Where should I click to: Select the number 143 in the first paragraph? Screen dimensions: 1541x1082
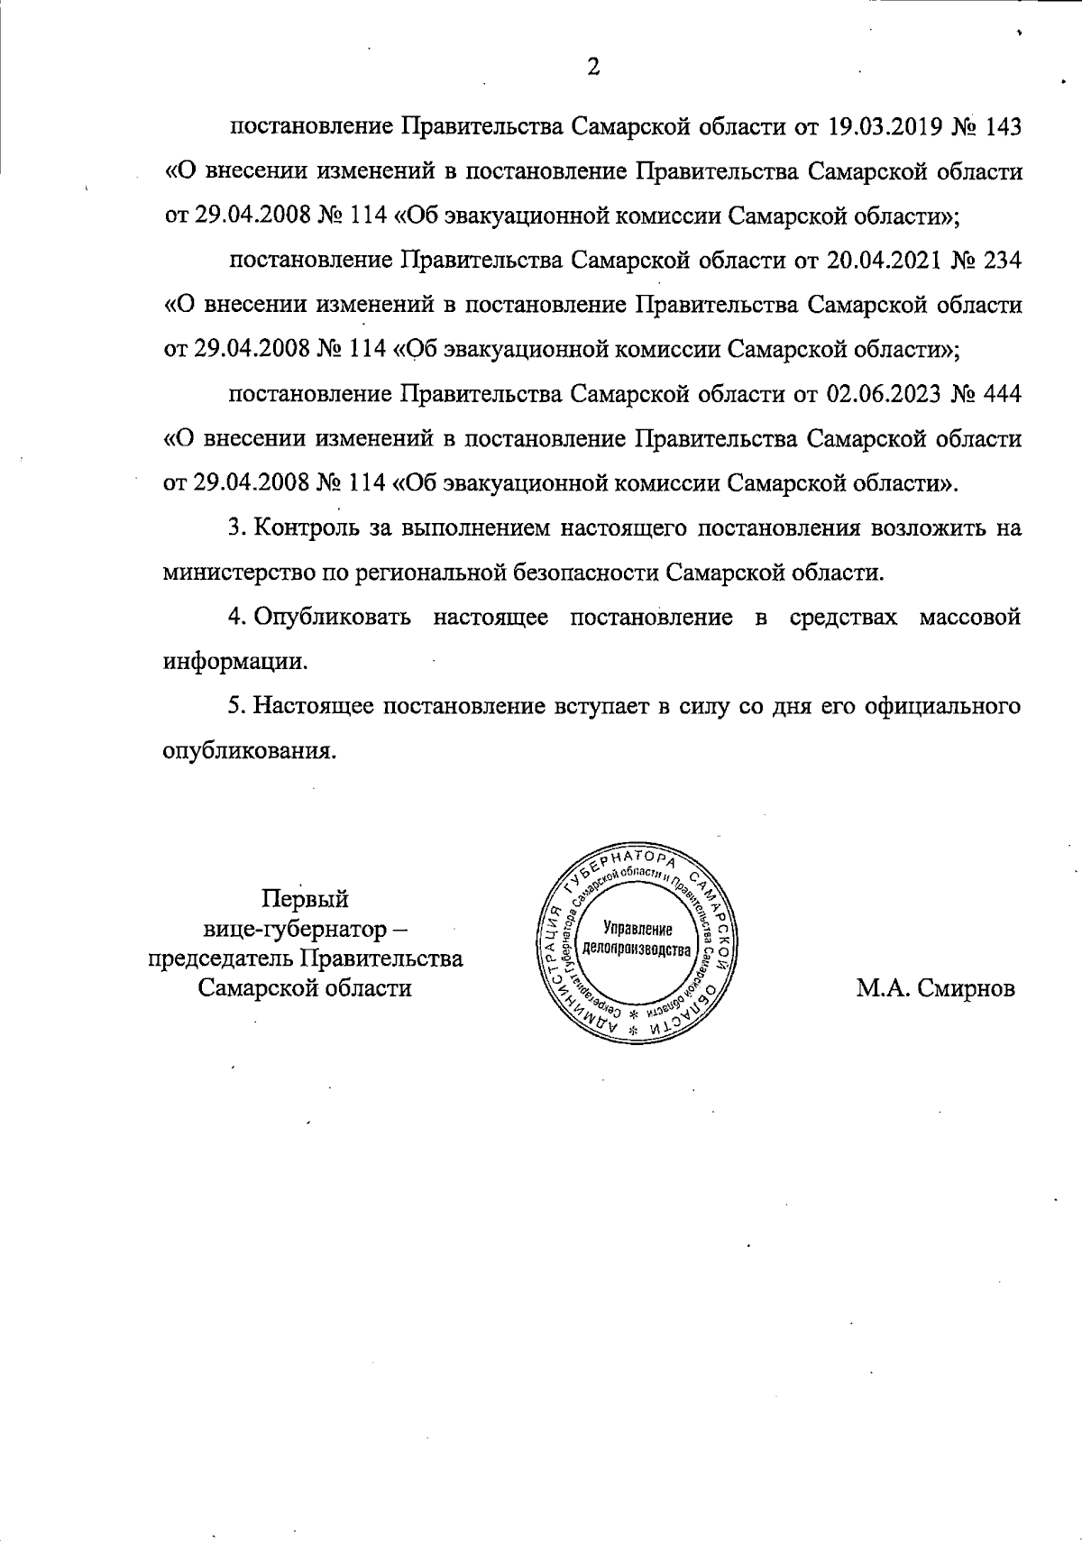[1004, 126]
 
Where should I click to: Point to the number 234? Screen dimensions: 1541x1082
[1004, 261]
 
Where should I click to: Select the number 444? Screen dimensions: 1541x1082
[1004, 394]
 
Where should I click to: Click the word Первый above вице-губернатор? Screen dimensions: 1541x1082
[305, 899]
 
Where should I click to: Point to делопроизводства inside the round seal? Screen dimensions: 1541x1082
[637, 949]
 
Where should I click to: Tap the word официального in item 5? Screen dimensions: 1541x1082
[938, 706]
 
